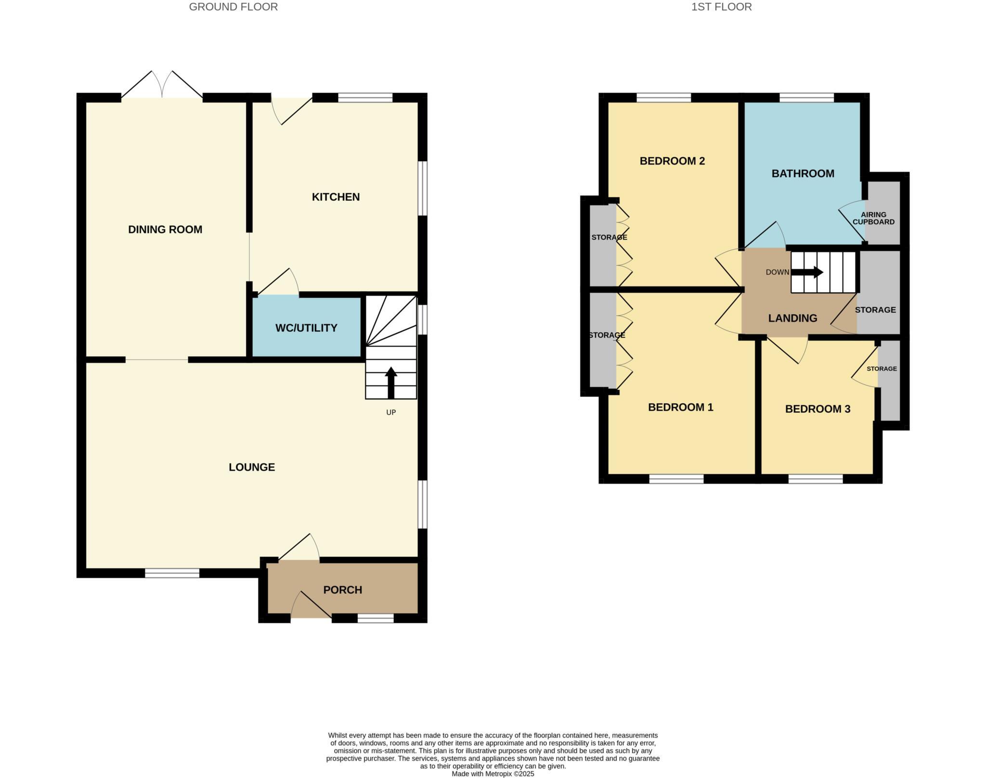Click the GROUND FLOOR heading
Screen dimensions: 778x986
(x=233, y=7)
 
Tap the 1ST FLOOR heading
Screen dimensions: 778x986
(x=721, y=7)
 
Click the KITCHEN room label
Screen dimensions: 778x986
(x=336, y=197)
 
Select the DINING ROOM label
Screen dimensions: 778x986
(x=165, y=230)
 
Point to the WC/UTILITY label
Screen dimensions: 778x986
(x=306, y=328)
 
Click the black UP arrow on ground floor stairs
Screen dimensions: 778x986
(x=391, y=383)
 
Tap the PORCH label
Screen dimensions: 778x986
(x=342, y=589)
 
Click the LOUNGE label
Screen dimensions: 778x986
(x=252, y=467)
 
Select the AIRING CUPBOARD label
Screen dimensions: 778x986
(x=873, y=218)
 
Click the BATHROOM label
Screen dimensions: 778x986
(x=803, y=173)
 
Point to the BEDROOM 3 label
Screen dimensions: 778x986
(x=817, y=409)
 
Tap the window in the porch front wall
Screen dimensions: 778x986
(x=376, y=618)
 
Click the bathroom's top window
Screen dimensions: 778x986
(x=806, y=98)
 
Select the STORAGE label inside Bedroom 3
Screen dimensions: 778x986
(x=882, y=369)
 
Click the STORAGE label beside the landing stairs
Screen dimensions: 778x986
(x=875, y=310)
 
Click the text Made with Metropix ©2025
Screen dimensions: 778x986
(x=493, y=774)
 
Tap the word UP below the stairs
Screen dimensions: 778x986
(x=391, y=412)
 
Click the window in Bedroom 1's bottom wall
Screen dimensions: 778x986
(x=676, y=479)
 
